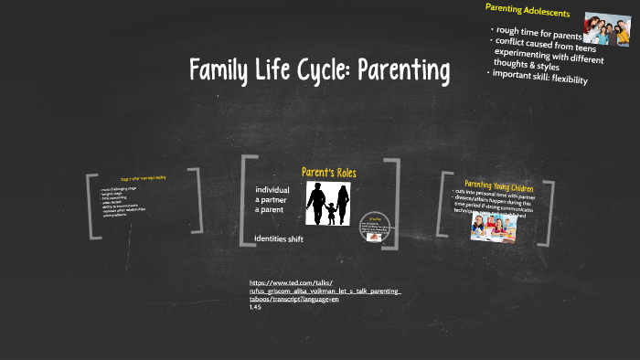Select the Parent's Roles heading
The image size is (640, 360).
point(329,172)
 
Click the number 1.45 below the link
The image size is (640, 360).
point(255,307)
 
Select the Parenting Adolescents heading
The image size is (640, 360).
point(528,12)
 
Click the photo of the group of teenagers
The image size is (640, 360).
point(606,29)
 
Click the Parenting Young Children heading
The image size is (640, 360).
point(499,185)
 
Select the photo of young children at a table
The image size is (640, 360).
point(494,226)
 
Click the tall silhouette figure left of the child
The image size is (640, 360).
point(315,200)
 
